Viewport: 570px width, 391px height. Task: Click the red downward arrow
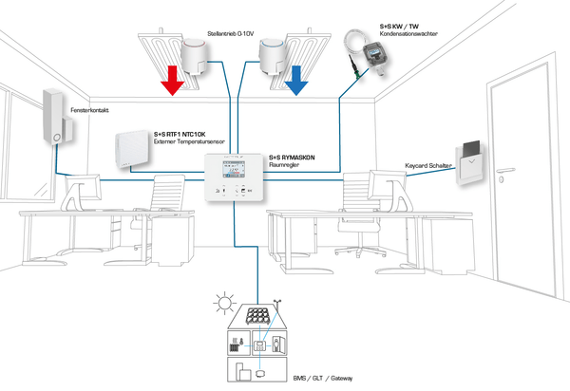[x=172, y=83]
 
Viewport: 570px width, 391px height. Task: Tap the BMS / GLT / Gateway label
[x=323, y=378]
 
